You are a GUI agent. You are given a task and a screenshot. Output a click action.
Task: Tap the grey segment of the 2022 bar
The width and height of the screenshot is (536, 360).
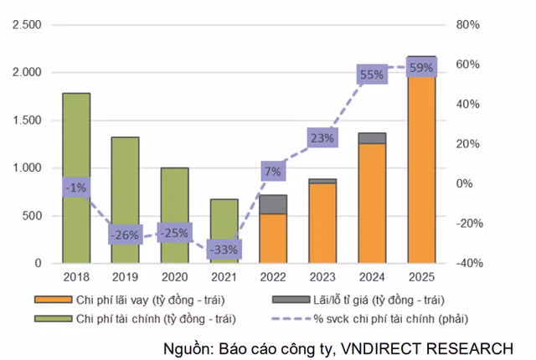coord(273,204)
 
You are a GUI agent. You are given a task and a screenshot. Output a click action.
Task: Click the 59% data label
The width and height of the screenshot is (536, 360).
coord(420,68)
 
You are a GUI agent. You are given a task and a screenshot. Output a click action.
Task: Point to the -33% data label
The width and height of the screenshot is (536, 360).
coord(224,249)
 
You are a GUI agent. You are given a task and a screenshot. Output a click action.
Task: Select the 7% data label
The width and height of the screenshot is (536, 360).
coord(274,172)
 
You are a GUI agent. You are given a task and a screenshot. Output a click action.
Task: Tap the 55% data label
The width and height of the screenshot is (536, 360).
coord(372,75)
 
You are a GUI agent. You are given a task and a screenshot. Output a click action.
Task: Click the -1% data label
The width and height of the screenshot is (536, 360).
coord(76,188)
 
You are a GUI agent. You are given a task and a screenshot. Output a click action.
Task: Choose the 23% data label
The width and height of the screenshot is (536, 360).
coord(322,138)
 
